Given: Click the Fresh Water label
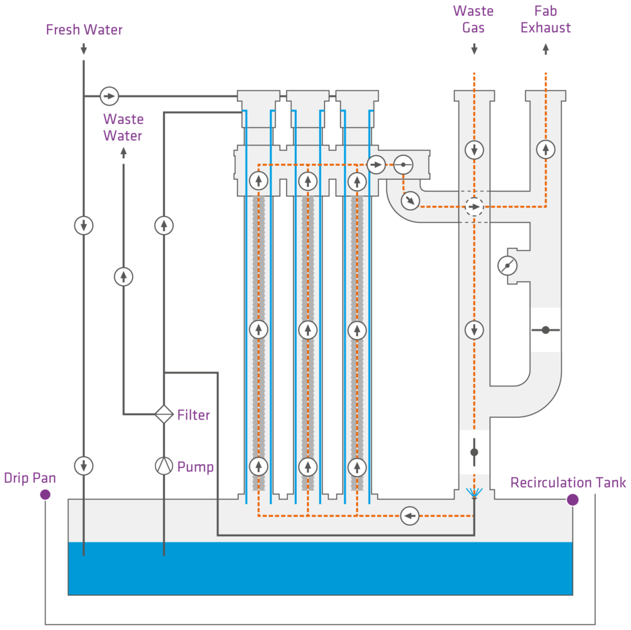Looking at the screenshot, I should [x=84, y=30].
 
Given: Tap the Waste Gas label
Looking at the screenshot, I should [x=473, y=19].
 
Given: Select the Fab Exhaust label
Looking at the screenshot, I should [x=545, y=19].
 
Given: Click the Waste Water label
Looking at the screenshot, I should [x=123, y=127].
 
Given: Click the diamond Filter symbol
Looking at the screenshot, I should [x=164, y=413].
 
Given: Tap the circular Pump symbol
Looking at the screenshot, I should [x=164, y=466].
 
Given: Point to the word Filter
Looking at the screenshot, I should [x=193, y=415].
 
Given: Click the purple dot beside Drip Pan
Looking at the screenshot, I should [x=45, y=495].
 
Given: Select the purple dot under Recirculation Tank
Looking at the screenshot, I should [x=572, y=500].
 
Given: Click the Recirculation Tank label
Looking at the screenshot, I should [x=568, y=482].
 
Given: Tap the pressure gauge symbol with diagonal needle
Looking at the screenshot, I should [x=508, y=265].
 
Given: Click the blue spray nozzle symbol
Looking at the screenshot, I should [x=474, y=493].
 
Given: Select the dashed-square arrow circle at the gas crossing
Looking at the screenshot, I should [x=474, y=207].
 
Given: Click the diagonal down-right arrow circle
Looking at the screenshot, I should [x=410, y=201].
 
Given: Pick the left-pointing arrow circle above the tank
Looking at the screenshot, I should [x=409, y=516].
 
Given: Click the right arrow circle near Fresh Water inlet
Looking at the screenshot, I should [x=109, y=96].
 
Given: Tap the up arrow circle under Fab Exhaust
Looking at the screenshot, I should [x=545, y=150].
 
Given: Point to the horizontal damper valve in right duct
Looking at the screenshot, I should [x=545, y=330].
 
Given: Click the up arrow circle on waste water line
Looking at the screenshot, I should [x=123, y=277].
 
